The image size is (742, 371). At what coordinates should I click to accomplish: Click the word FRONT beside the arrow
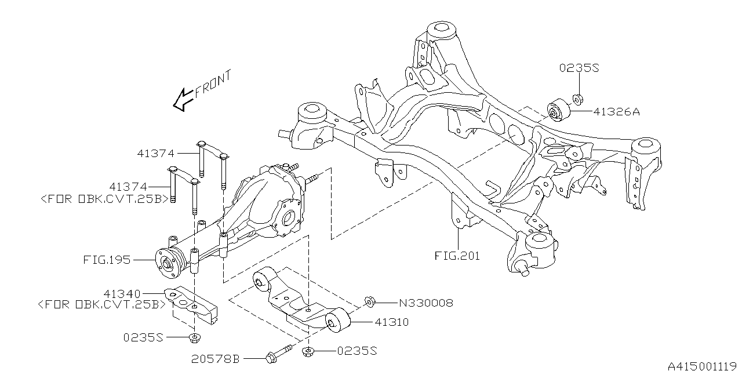pos(213,83)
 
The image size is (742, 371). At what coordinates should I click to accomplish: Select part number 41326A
pos(616,112)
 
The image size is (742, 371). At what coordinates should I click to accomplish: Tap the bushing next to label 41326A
pos(559,110)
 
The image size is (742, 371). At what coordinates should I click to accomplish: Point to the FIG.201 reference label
pos(457,255)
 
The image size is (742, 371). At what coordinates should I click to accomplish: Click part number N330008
pos(425,303)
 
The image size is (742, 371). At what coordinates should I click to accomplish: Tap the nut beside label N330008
pos(369,301)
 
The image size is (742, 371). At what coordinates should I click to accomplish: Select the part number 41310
pos(392,322)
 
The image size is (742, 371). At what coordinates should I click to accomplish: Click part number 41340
pos(123,294)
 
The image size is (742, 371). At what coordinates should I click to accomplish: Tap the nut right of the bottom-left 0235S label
pos(194,338)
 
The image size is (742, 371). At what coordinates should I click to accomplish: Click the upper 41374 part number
pos(156,154)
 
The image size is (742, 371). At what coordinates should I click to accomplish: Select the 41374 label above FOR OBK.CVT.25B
pos(128,187)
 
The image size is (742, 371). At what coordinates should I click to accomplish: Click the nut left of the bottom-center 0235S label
pos(308,351)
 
